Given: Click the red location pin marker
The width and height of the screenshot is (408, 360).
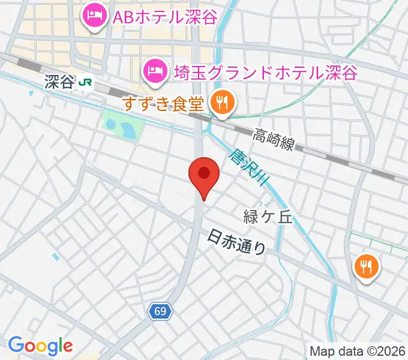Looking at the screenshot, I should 203,174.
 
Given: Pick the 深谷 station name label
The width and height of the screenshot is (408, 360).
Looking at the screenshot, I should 58,82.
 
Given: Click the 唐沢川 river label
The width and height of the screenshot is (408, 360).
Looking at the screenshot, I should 247,168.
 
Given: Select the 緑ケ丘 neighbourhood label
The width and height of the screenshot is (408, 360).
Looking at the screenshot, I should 268,216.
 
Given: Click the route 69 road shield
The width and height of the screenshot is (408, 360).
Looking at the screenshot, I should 160,311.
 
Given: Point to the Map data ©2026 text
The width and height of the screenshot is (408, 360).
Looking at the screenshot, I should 357,351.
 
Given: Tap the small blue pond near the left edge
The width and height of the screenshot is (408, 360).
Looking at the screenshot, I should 56,257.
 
